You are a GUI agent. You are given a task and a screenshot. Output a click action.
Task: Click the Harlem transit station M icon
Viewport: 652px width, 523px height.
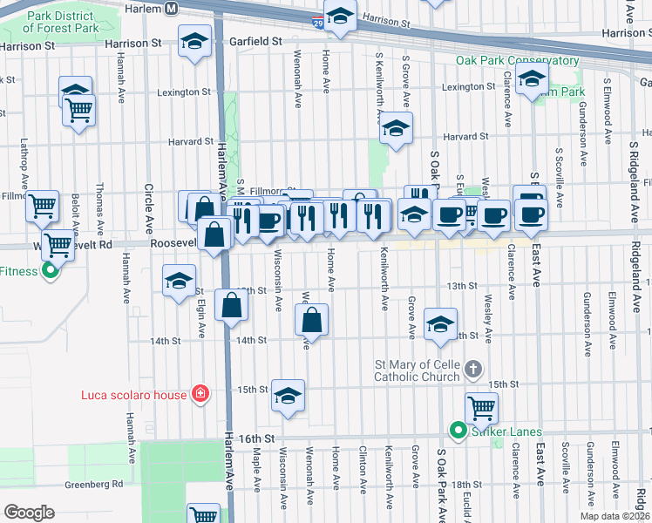172,8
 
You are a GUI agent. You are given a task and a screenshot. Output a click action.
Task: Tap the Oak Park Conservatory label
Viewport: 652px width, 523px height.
517,61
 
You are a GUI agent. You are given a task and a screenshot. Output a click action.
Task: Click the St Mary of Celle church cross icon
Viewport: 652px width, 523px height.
473,369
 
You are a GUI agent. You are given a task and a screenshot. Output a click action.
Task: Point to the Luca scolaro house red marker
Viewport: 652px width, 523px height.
201,395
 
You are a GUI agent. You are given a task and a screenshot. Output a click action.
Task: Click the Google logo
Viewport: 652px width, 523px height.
29,512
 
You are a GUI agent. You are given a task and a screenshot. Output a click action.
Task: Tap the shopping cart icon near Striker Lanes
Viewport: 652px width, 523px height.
480,407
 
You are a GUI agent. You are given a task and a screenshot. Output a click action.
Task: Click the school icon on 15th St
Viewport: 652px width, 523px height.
288,396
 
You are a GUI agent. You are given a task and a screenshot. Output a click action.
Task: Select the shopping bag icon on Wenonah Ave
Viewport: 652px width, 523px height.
312,321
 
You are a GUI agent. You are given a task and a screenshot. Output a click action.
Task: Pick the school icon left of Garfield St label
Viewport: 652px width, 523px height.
195,40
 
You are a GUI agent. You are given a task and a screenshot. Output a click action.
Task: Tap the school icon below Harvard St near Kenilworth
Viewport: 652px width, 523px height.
396,129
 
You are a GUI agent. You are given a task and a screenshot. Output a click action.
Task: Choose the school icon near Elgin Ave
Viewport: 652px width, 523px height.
180,281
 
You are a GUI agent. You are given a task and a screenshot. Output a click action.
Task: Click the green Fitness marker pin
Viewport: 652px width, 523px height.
51,271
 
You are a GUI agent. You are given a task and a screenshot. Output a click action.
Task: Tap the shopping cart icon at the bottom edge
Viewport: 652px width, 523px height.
203,514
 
